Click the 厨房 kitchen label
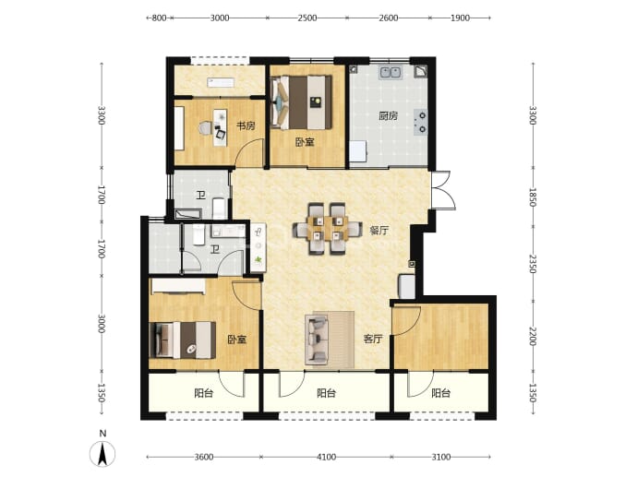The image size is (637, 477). pos(388,116)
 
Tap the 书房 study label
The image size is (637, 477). pos(246,125)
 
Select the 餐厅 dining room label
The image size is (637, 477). pos(379,231)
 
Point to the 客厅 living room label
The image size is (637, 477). pos(373,339)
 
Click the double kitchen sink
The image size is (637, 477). pos(391,72)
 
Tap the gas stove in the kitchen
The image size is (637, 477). pos(421,122)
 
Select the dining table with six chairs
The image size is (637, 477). pos(328,229)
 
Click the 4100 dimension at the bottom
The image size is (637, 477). pos(326,457)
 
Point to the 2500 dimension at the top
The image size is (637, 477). pos(307,18)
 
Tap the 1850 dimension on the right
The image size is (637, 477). pos(533,197)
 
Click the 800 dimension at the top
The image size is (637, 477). pos(159,18)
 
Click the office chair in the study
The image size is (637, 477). pos(206,128)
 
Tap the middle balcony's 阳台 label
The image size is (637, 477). pos(326,393)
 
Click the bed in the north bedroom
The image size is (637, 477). pos(302,102)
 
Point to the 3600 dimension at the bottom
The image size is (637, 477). pos(203,457)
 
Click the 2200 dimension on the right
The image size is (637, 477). pos(533,336)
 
